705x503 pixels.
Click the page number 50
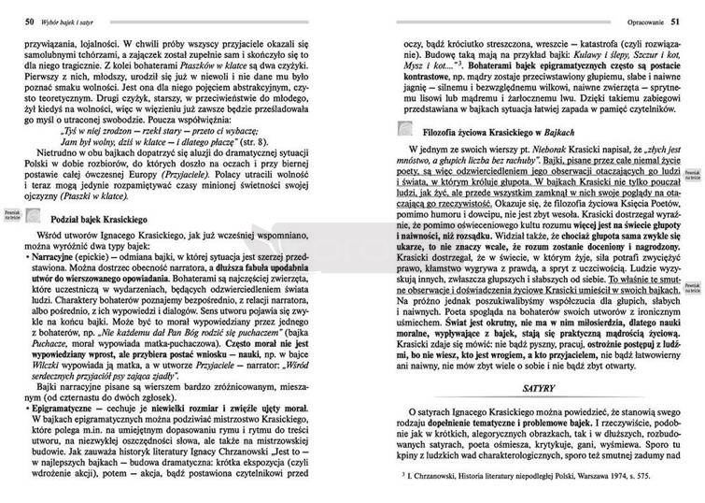[x=30, y=22]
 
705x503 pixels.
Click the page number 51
[x=673, y=22]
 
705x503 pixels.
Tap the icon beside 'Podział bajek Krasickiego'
[x=34, y=217]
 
